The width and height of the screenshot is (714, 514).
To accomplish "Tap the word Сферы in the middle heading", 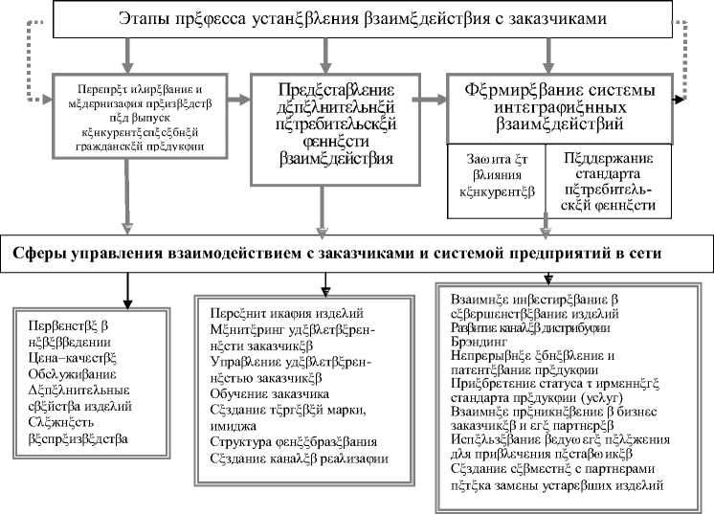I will click(43, 254).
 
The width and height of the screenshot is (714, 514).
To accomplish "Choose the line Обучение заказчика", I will click(269, 393).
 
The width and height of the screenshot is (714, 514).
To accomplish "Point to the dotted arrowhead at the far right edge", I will click(681, 99).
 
